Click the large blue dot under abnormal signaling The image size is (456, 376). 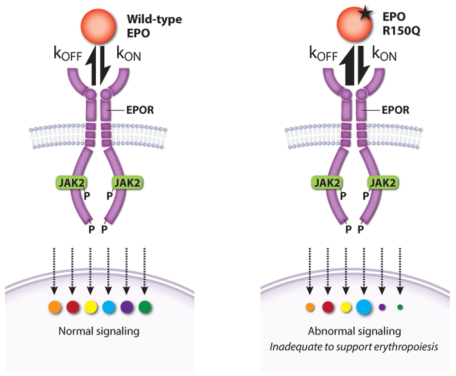point(364,307)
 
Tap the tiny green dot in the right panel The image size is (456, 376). point(400,307)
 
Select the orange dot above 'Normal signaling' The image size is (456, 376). point(54,307)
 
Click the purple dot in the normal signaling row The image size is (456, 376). point(127,307)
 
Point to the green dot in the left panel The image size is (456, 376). point(145,307)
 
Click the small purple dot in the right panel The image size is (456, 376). point(382,307)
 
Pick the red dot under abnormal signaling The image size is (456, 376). point(328,307)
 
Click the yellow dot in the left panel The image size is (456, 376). point(91,307)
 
